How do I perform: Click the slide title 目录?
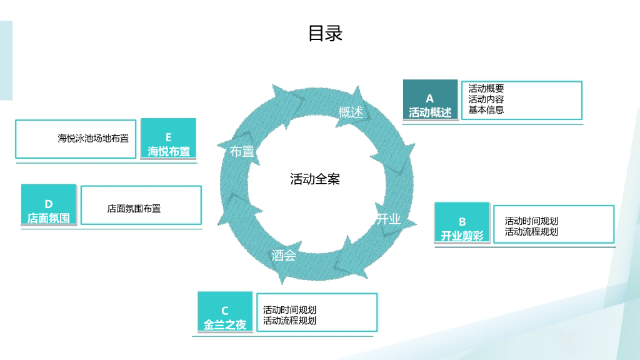[325, 33]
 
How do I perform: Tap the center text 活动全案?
[315, 179]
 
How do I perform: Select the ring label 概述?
[351, 112]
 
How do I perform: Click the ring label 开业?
[388, 219]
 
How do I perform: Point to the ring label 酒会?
[284, 256]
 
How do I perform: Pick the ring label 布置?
[242, 151]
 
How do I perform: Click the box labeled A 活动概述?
[430, 101]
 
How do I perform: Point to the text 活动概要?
[486, 89]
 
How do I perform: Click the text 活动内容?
[486, 99]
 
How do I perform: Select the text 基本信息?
[486, 110]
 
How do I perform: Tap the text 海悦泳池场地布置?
[93, 139]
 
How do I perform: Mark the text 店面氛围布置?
[134, 209]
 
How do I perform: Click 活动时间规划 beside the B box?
[531, 221]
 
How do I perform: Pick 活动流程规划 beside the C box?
[289, 321]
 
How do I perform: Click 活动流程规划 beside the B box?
[531, 232]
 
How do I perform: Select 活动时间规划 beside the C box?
[289, 310]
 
